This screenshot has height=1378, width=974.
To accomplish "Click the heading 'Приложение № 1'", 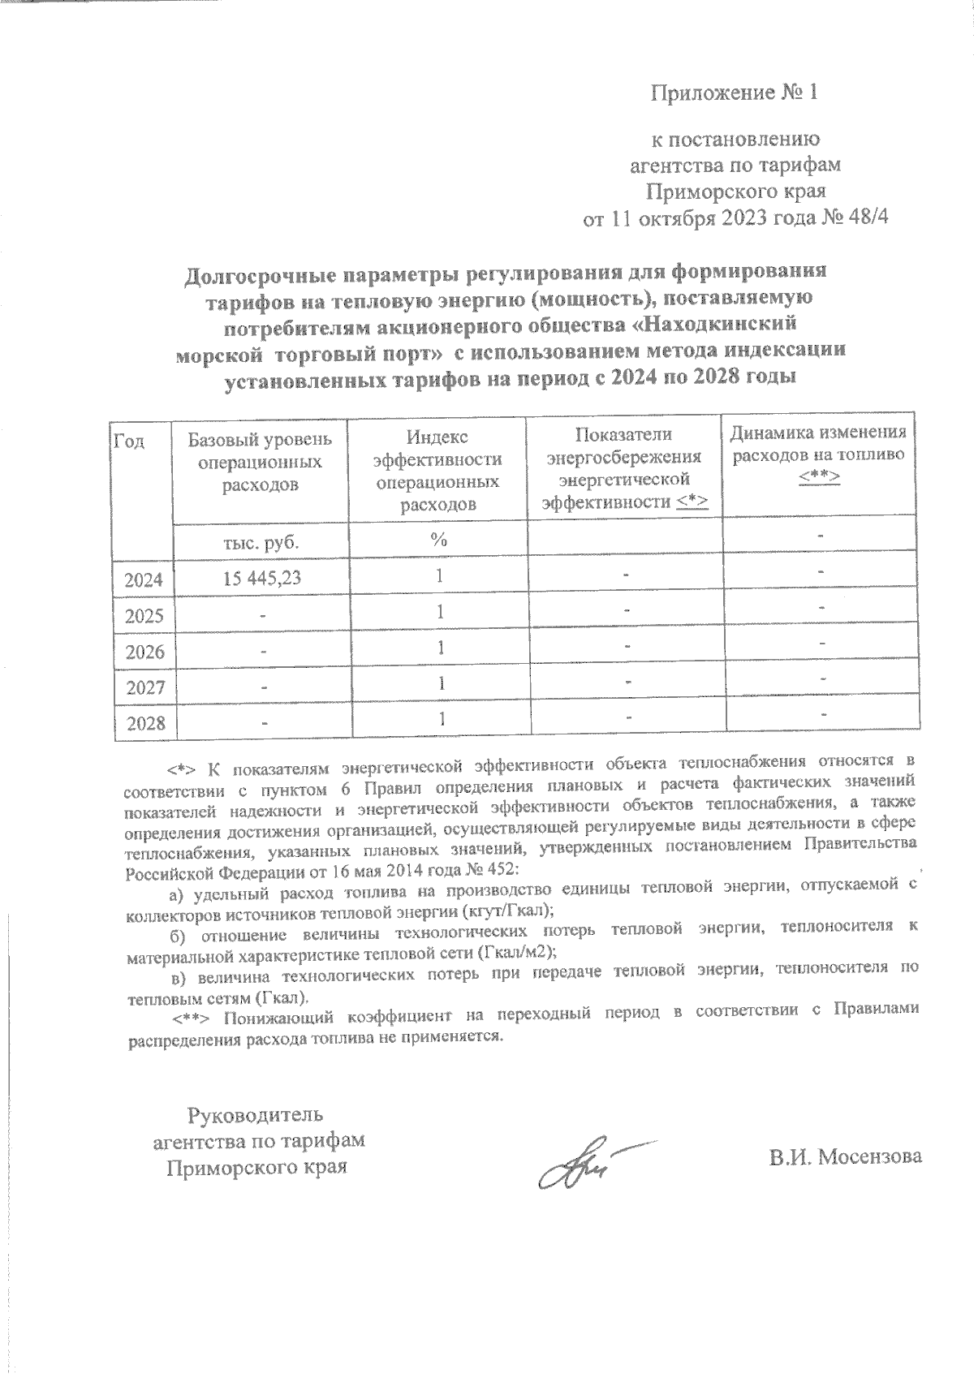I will pos(735,93).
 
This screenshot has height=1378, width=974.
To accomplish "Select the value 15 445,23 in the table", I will pos(260,578).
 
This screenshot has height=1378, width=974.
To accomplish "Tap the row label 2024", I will pos(144,580).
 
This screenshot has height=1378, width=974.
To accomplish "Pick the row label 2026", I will pos(144,652).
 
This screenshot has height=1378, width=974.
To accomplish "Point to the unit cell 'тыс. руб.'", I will pos(260,542).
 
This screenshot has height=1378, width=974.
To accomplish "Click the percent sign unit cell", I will pos(439,541).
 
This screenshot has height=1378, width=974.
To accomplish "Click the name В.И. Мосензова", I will pos(847,1156).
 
